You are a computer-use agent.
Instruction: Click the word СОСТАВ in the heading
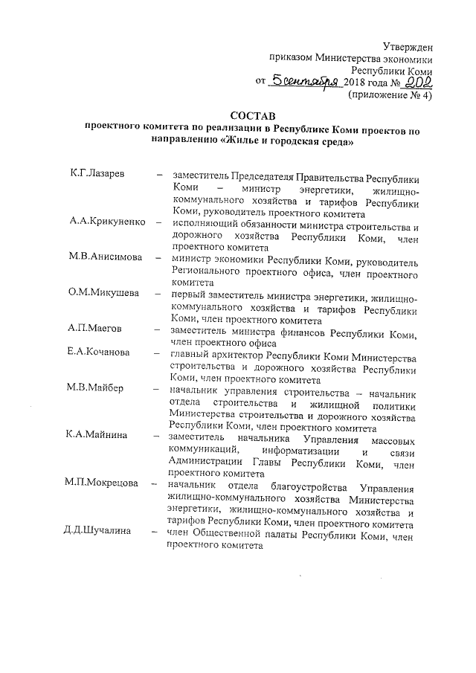pyautogui.click(x=252, y=115)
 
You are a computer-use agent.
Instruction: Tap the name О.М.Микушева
pyautogui.click(x=103, y=292)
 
